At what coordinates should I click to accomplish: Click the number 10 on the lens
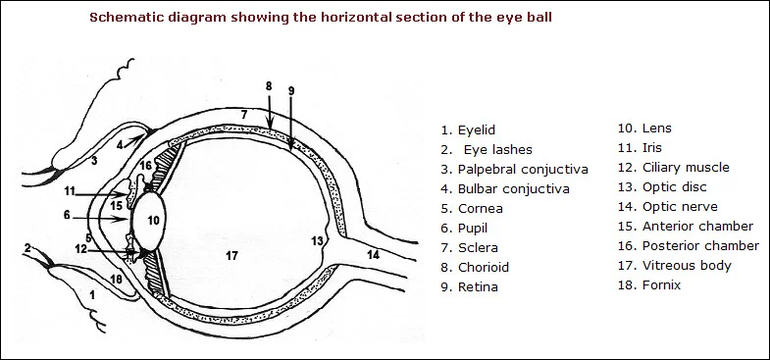(153, 221)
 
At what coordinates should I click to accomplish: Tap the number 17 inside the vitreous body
(231, 256)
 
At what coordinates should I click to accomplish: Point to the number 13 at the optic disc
(317, 240)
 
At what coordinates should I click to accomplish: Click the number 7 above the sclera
(244, 116)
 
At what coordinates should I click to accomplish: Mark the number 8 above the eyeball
(269, 86)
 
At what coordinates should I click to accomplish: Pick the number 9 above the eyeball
(291, 91)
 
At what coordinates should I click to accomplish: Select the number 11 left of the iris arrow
(69, 190)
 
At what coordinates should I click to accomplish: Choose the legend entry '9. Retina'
(469, 286)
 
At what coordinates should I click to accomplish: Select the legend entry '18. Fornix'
(648, 284)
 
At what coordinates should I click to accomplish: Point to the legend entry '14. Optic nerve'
(667, 206)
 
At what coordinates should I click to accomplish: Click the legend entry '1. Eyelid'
(469, 129)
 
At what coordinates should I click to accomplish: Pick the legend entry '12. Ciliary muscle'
(673, 167)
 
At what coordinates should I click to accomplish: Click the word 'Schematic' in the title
(127, 18)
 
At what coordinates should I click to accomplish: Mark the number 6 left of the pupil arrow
(67, 215)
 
